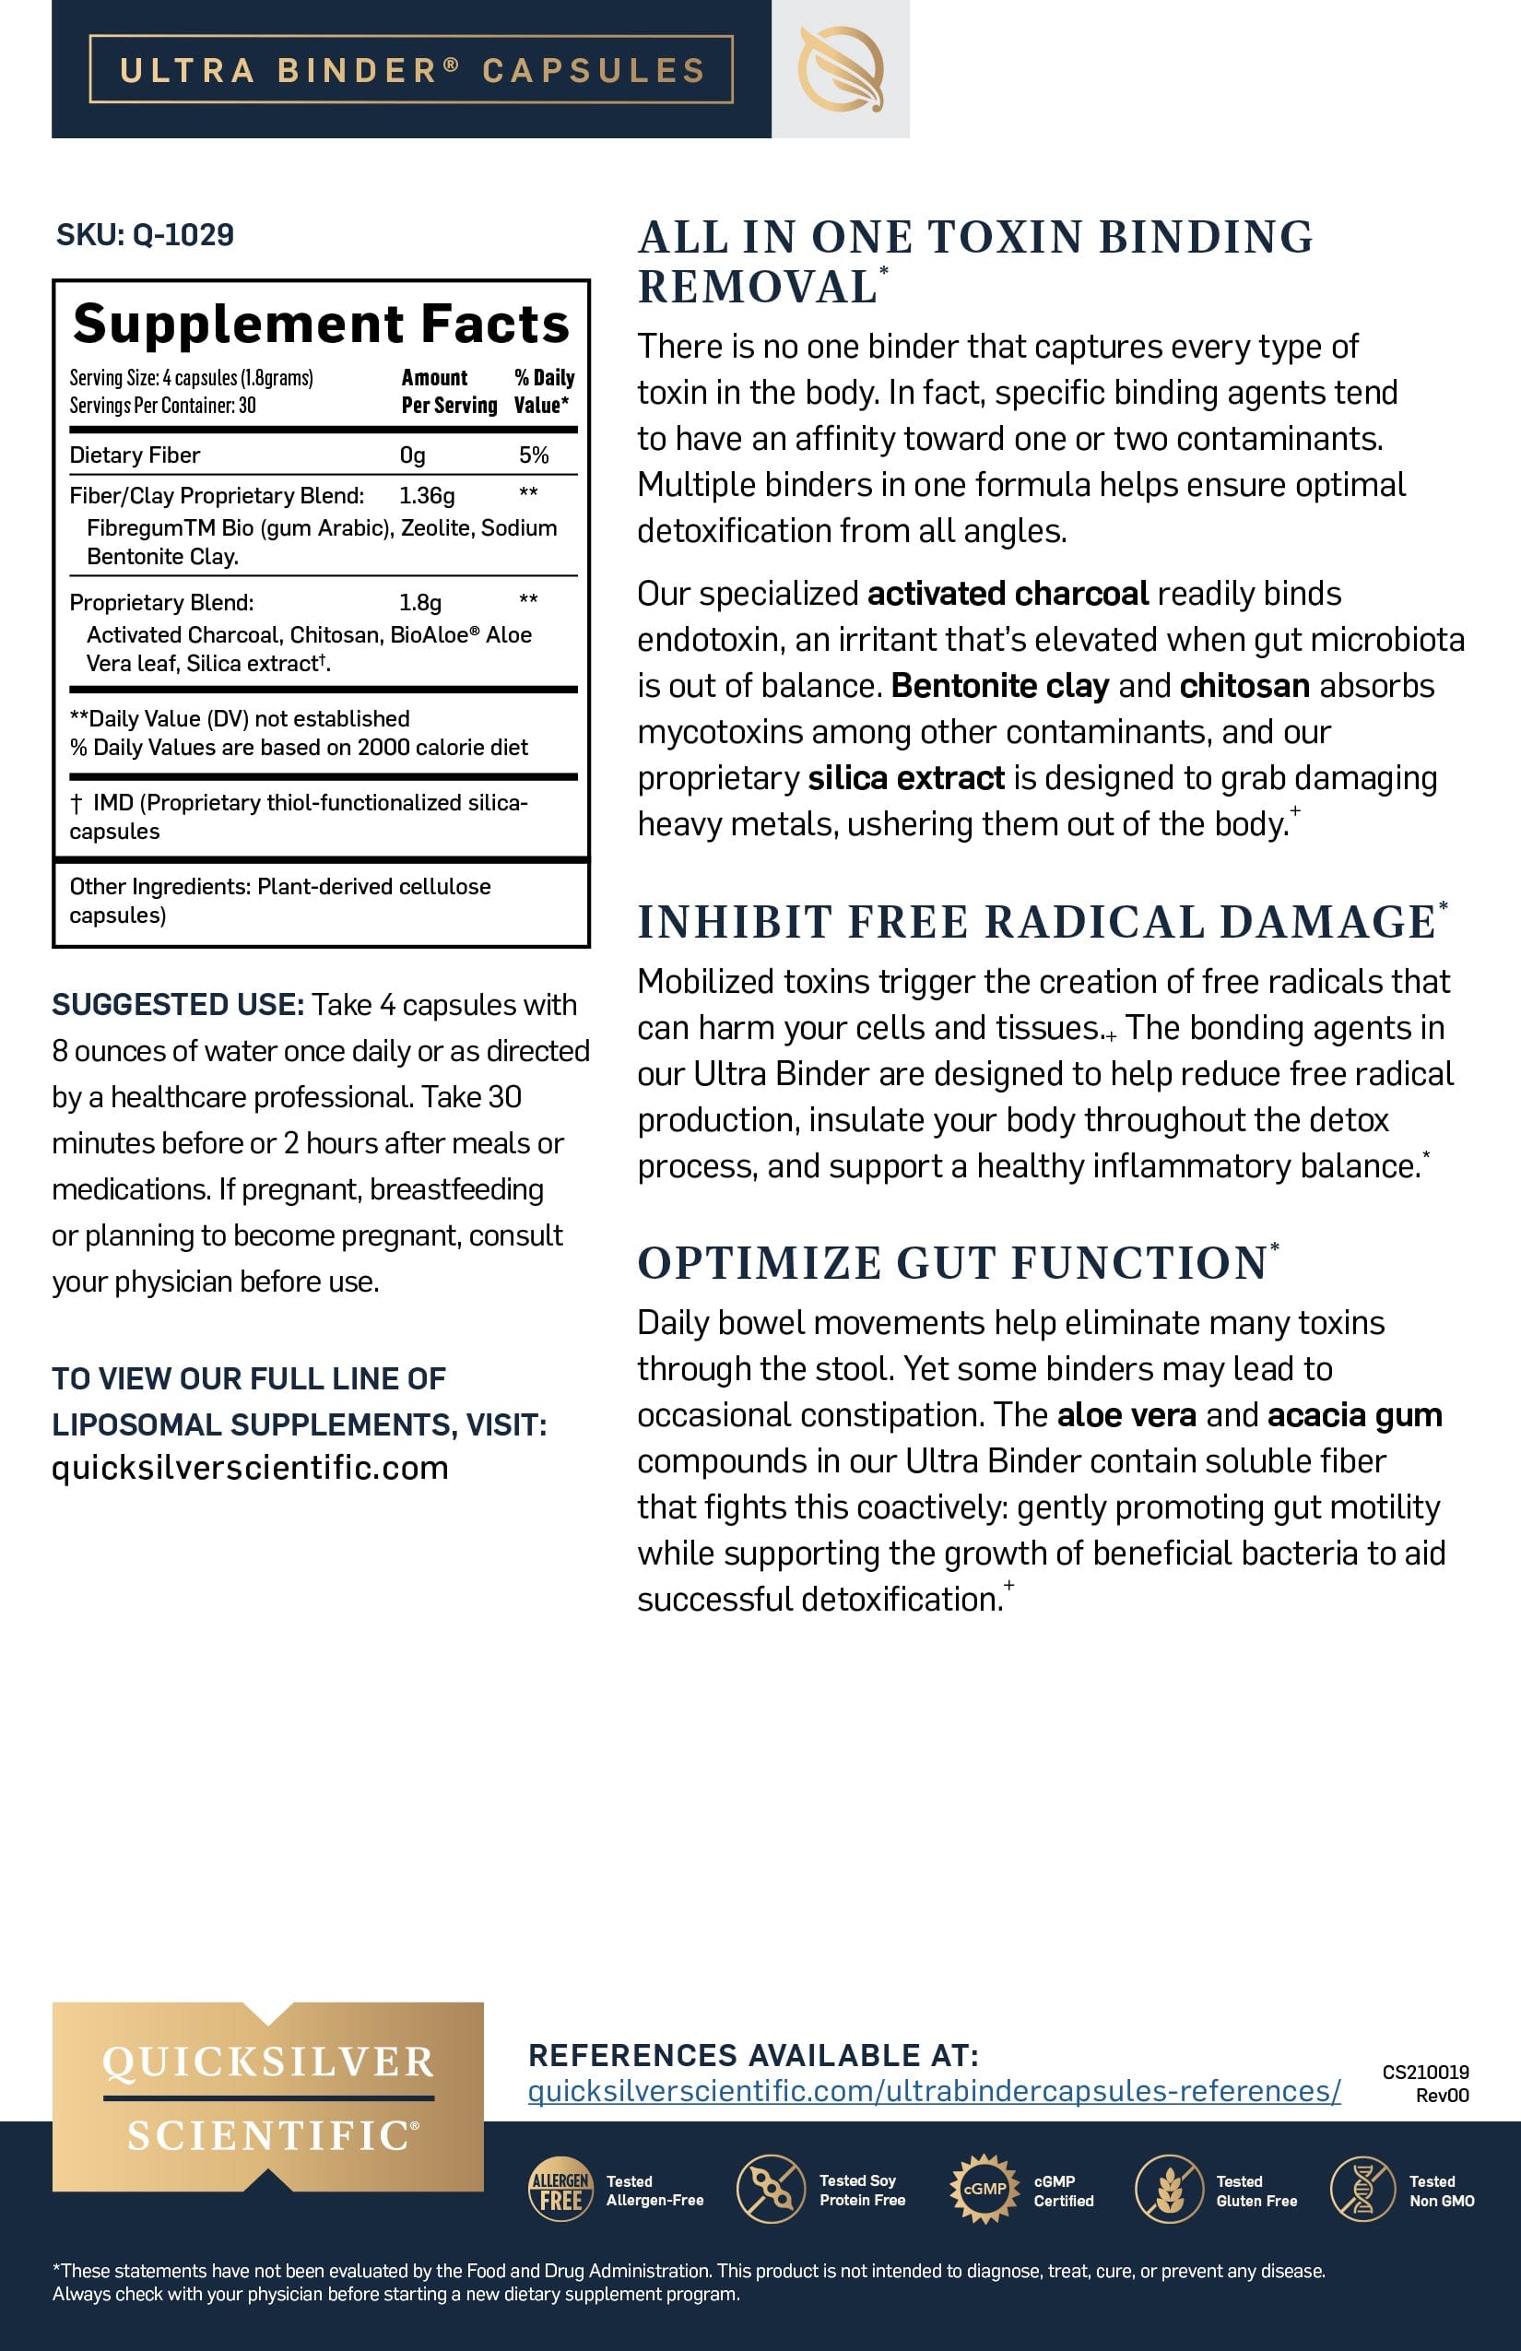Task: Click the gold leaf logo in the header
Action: point(841,69)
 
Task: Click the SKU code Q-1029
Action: point(183,235)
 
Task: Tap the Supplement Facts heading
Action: point(321,324)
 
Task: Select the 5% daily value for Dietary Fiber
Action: point(534,455)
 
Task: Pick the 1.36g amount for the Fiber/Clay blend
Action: point(427,495)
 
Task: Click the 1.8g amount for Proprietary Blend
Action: point(419,603)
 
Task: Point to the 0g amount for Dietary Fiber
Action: point(412,455)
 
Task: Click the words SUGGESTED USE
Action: point(178,1005)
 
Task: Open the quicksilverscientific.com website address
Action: point(250,1468)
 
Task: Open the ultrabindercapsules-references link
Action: point(933,2091)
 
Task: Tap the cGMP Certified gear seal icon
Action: point(984,2189)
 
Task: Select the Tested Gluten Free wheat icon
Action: point(1169,2190)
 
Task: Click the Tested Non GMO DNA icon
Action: point(1362,2190)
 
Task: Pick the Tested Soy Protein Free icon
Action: point(771,2190)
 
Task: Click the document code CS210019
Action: point(1425,2072)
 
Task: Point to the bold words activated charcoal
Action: point(1008,594)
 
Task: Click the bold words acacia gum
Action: point(1354,1415)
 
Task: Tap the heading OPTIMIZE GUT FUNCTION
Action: point(952,1263)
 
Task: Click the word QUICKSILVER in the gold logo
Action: point(267,2062)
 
